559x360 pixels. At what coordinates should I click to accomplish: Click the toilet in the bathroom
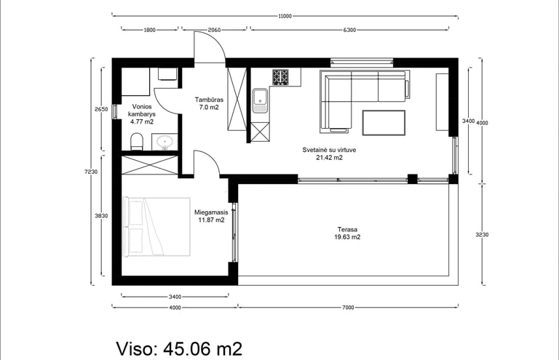[137, 141]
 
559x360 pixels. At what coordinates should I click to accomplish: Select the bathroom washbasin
[164, 142]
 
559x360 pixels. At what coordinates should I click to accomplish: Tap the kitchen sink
[261, 100]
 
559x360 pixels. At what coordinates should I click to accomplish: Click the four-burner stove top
[280, 77]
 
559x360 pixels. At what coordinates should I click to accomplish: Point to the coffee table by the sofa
[384, 123]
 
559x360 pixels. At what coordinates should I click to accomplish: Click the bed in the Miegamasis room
[156, 226]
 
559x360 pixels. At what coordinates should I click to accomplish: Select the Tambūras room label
[209, 100]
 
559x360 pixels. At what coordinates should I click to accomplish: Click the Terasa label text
[347, 230]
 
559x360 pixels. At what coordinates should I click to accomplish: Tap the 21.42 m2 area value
[330, 158]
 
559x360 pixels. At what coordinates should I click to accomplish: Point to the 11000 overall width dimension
[285, 16]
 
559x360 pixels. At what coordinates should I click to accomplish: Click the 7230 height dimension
[91, 172]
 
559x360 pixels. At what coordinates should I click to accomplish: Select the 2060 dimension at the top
[214, 30]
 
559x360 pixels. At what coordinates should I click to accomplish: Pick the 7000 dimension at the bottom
[348, 308]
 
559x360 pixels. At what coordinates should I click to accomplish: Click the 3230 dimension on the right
[482, 235]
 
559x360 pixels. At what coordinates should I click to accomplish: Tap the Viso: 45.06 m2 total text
[179, 348]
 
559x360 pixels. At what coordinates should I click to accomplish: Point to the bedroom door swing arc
[213, 158]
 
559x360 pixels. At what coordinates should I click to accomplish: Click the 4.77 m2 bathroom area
[142, 121]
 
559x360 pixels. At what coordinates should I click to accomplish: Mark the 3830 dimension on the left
[102, 216]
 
